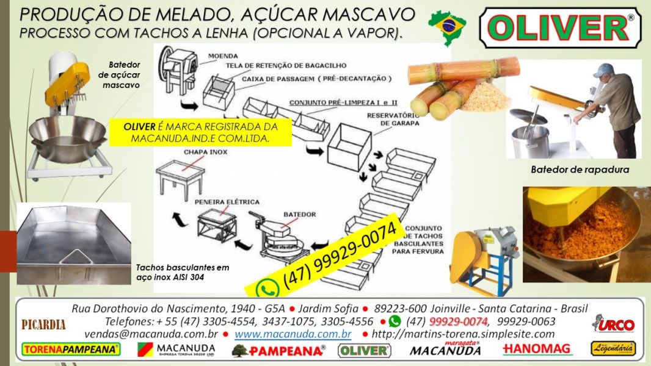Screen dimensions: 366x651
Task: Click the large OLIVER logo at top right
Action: coord(560,28)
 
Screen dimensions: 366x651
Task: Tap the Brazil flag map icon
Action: coord(448,26)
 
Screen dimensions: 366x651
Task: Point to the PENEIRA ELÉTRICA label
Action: coord(227,202)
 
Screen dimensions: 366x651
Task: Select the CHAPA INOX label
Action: coord(180,152)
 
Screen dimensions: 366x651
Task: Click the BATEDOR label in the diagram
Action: coord(299,215)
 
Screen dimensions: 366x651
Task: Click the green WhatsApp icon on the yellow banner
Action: coord(267,288)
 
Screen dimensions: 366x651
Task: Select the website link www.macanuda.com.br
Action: coord(293,334)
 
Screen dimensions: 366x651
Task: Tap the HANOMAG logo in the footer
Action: coord(537,350)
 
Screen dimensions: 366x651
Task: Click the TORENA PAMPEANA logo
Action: coord(70,350)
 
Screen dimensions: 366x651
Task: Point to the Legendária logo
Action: coord(613,349)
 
